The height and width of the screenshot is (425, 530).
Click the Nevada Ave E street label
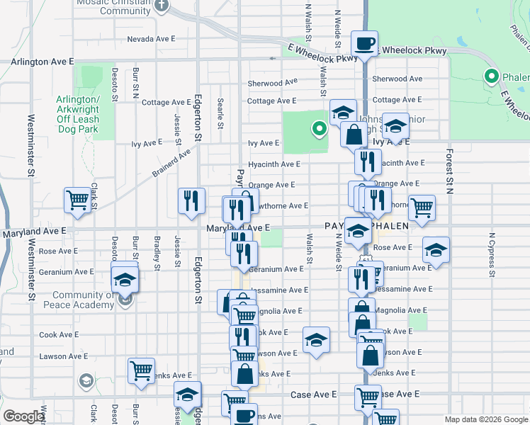150,39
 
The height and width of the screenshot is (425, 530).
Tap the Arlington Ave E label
43,62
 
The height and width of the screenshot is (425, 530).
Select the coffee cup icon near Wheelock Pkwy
365,44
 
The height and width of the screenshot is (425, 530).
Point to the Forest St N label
449,171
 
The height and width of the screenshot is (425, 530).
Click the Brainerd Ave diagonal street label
171,162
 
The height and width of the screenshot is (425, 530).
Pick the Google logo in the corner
23,416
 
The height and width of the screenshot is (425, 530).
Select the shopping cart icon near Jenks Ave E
141,370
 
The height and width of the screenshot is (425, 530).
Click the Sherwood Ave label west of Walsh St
272,83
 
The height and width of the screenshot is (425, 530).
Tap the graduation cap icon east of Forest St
436,250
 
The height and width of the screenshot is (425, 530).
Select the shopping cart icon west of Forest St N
422,208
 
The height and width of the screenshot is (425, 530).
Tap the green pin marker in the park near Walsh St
319,129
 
